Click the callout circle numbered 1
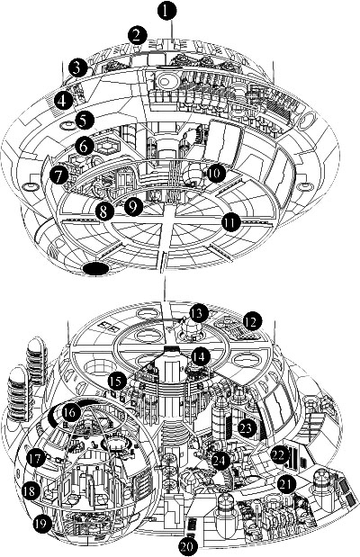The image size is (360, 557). pos(166,10)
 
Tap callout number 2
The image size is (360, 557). pos(137,35)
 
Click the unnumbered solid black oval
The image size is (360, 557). pos(95,269)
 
